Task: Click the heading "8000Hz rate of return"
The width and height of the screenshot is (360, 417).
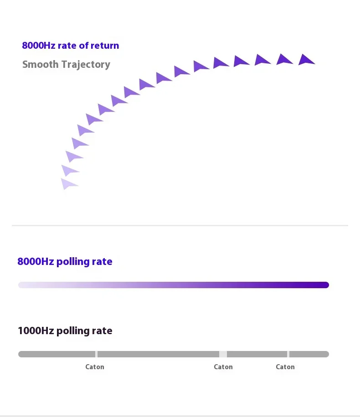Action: (71, 46)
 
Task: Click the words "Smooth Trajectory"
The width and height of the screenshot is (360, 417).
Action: (66, 64)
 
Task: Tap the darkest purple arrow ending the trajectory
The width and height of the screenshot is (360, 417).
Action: (306, 60)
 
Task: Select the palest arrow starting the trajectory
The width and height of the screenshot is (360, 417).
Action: (68, 183)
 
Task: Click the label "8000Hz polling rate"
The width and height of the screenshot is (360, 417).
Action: (65, 262)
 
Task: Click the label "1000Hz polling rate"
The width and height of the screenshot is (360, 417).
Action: (65, 331)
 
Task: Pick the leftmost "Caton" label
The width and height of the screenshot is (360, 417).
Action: (95, 367)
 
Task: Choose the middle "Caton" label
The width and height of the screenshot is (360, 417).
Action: (223, 367)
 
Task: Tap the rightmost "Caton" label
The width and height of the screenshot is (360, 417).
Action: (285, 367)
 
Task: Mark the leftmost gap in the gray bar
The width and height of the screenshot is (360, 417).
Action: (96, 354)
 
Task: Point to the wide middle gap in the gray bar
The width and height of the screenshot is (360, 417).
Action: (223, 354)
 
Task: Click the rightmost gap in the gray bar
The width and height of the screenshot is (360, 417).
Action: (288, 354)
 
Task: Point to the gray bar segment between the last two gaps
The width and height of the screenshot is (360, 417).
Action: (257, 354)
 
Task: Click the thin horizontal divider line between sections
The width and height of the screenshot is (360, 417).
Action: (180, 225)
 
